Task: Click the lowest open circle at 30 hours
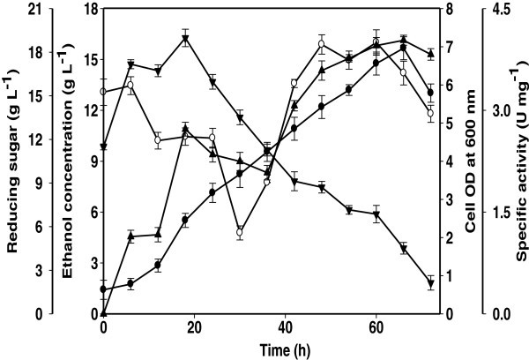pos(240,232)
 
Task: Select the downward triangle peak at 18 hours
pos(185,39)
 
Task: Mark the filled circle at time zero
pos(104,289)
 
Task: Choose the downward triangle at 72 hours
pos(430,283)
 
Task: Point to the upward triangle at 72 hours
pos(430,54)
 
